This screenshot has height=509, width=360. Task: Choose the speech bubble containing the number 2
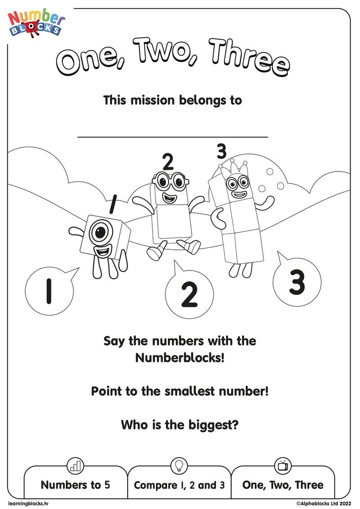tap(189, 294)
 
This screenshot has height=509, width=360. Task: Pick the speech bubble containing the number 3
tap(297, 283)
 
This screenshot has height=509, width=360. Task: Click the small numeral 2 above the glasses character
tap(167, 161)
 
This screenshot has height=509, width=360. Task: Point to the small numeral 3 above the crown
tap(221, 152)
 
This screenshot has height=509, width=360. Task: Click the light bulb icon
tap(179, 464)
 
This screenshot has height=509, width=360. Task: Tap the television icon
tap(283, 465)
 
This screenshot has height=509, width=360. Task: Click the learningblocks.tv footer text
tap(28, 503)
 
